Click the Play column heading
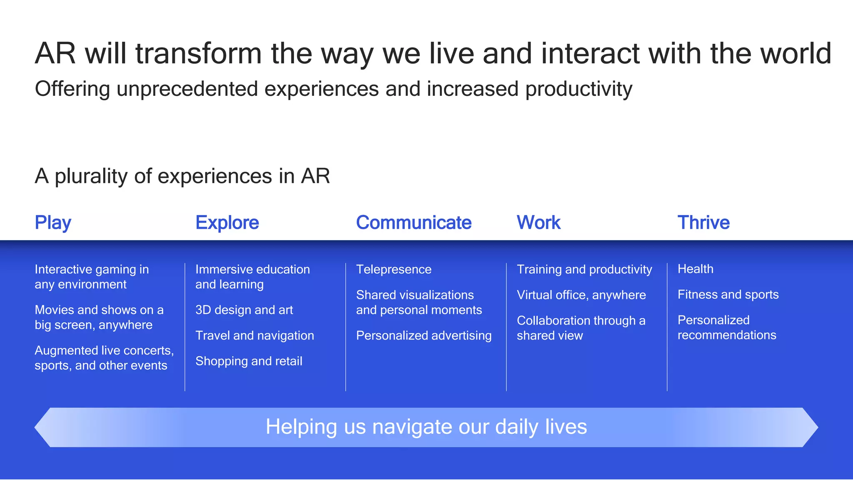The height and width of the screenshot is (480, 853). [53, 223]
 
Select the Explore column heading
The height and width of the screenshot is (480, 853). [227, 223]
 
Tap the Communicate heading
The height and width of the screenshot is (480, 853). [414, 223]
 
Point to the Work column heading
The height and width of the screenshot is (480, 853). [539, 223]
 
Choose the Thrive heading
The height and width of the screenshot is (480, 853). [703, 223]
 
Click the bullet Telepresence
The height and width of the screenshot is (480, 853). [394, 270]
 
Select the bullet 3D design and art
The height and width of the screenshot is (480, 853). [244, 310]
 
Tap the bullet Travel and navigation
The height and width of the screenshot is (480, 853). [254, 335]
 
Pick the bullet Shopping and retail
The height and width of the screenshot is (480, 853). [249, 361]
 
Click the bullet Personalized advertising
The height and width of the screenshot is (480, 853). [424, 335]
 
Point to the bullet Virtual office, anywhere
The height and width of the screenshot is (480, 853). [581, 295]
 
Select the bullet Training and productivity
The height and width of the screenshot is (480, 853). [584, 270]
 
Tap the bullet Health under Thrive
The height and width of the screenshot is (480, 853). [695, 269]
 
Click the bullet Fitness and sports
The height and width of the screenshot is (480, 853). [728, 295]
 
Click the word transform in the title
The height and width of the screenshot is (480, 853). [198, 54]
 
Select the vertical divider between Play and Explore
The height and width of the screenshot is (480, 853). [185, 327]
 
